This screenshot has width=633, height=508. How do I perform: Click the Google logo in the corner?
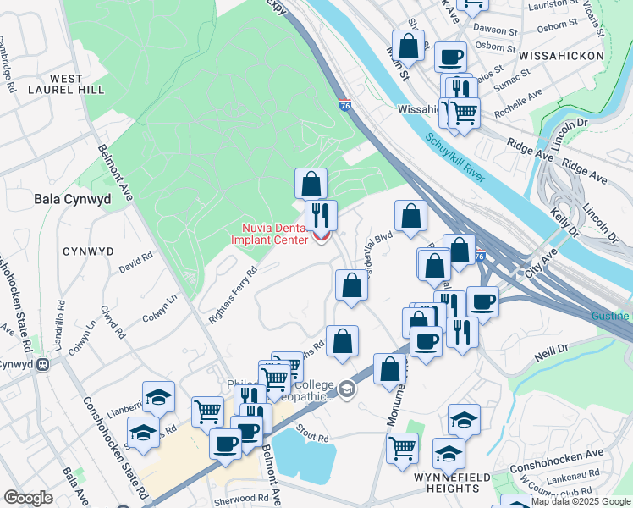(28, 498)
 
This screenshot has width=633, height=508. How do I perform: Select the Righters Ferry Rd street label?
(233, 295)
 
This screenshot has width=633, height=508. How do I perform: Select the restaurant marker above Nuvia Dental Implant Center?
(321, 214)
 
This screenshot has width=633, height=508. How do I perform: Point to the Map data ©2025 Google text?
(581, 501)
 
